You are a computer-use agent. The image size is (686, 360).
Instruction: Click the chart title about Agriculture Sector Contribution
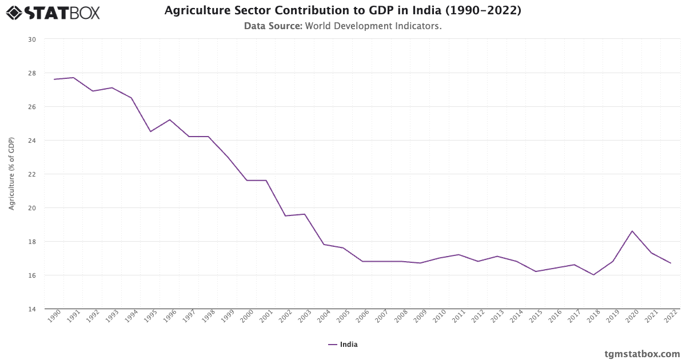tap(342, 10)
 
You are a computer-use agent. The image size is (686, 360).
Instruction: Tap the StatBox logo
tap(53, 12)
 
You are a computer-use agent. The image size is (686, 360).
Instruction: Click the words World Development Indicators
tap(373, 26)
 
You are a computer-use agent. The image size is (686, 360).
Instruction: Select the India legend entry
tap(343, 345)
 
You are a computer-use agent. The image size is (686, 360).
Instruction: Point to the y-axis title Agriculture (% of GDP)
tap(11, 174)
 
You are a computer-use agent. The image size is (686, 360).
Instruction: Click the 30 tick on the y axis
tap(31, 39)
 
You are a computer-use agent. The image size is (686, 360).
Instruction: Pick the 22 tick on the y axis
tap(31, 174)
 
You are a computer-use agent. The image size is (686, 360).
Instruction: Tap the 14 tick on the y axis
tap(31, 309)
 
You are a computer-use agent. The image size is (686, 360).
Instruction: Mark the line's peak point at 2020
tap(632, 231)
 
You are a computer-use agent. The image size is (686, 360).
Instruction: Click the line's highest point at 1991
tap(74, 78)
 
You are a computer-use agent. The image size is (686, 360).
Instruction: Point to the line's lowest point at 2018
tap(593, 275)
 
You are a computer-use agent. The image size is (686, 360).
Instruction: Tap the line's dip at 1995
tap(150, 131)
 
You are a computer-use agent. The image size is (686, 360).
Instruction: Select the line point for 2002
tap(285, 216)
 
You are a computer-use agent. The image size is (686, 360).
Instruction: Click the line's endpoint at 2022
tap(671, 263)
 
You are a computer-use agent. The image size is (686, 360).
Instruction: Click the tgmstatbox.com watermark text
tap(642, 354)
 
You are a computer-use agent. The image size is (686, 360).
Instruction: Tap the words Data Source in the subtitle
tap(273, 26)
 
